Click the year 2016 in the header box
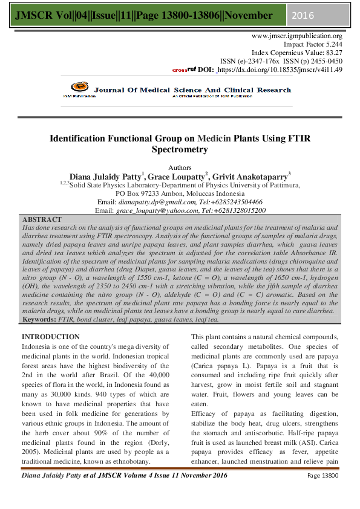click(304, 15)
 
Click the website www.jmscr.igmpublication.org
click(297, 36)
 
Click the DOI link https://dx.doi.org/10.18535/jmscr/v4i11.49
click(280, 70)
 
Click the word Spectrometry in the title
click(180, 149)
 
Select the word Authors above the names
click(180, 167)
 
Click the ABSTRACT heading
click(41, 219)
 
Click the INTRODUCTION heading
click(50, 336)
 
